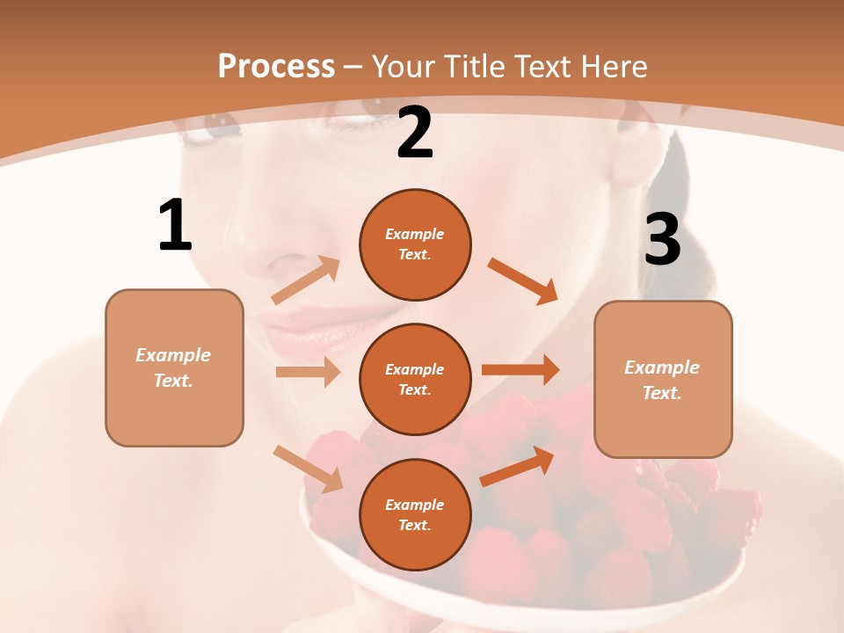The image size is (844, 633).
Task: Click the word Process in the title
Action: click(276, 66)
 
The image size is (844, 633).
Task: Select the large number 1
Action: click(175, 225)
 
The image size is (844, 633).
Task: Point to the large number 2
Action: click(415, 133)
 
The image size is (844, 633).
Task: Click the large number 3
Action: click(662, 239)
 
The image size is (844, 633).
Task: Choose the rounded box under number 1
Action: click(174, 367)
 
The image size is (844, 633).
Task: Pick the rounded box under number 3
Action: click(663, 379)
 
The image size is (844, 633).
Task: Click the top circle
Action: click(415, 244)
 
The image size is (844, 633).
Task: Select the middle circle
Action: click(415, 379)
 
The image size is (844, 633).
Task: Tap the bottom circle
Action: click(415, 514)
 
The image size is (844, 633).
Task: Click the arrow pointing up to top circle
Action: click(306, 280)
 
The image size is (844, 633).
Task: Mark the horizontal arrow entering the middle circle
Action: click(308, 372)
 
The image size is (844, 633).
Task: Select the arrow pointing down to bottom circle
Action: click(308, 469)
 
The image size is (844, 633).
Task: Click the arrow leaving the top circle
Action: click(523, 280)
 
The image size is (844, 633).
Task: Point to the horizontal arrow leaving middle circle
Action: click(520, 370)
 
